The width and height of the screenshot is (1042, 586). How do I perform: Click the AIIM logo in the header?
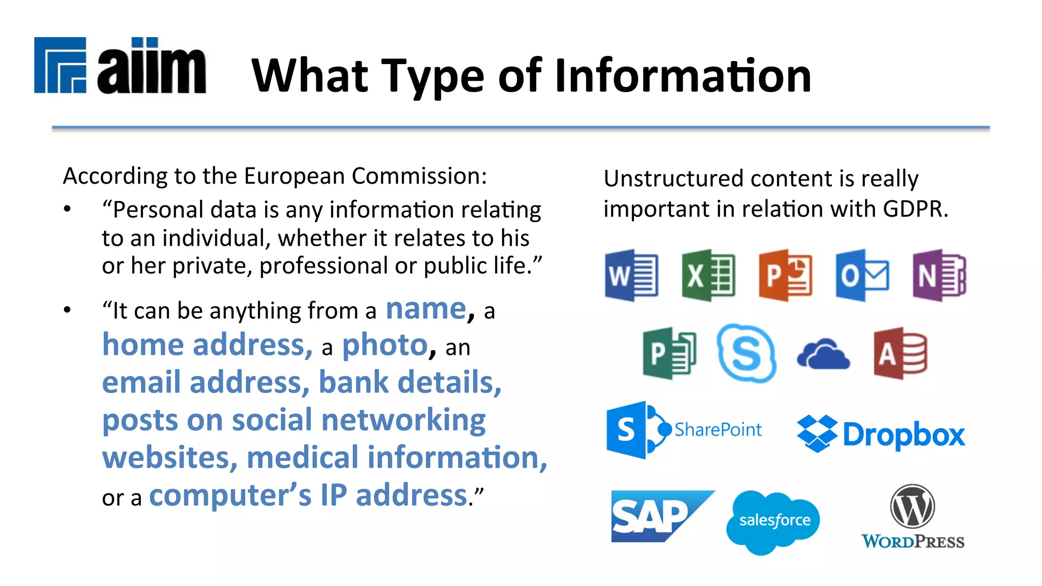pyautogui.click(x=120, y=66)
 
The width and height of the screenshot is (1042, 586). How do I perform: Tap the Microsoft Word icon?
pyautogui.click(x=631, y=275)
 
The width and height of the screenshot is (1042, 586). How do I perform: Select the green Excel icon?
pyautogui.click(x=708, y=275)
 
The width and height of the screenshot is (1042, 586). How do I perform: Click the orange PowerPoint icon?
pyautogui.click(x=785, y=275)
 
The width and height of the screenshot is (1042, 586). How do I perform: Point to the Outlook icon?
pyautogui.click(x=862, y=275)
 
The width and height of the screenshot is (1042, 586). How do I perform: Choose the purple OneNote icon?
pyautogui.click(x=939, y=275)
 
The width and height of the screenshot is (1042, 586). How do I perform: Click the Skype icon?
pyautogui.click(x=746, y=353)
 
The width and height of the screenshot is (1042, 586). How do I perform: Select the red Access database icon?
pyautogui.click(x=900, y=353)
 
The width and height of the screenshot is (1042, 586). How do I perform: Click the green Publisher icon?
pyautogui.click(x=670, y=353)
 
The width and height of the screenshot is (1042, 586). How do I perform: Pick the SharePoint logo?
pyautogui.click(x=684, y=430)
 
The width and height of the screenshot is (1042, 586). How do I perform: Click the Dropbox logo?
pyautogui.click(x=881, y=434)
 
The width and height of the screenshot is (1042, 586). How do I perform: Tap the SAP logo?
pyautogui.click(x=661, y=516)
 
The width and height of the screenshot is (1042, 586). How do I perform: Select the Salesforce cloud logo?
pyautogui.click(x=773, y=521)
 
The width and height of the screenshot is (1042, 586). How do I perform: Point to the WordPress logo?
pyautogui.click(x=913, y=517)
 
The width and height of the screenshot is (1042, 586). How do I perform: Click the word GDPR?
pyautogui.click(x=915, y=209)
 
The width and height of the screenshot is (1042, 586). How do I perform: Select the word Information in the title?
pyautogui.click(x=683, y=76)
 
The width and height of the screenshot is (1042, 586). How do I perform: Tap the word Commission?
pyautogui.click(x=419, y=176)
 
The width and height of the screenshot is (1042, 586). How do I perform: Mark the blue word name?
pyautogui.click(x=426, y=309)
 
